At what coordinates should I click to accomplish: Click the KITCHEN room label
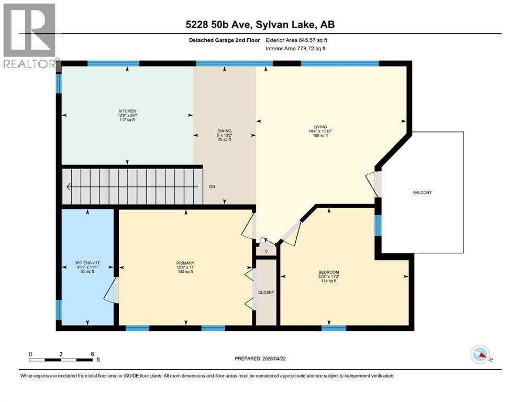click(x=127, y=111)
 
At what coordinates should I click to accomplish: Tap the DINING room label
click(x=225, y=131)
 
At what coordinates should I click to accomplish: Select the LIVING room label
click(x=320, y=127)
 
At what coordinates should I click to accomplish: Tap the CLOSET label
click(x=266, y=292)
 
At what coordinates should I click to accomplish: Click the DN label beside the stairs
click(x=212, y=186)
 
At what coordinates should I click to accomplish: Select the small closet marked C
click(x=266, y=251)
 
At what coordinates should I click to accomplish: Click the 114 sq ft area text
click(x=329, y=281)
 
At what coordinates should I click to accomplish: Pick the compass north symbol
click(x=481, y=355)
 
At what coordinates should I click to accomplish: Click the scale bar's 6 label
click(x=92, y=354)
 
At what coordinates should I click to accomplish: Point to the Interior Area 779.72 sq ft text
click(x=296, y=49)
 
